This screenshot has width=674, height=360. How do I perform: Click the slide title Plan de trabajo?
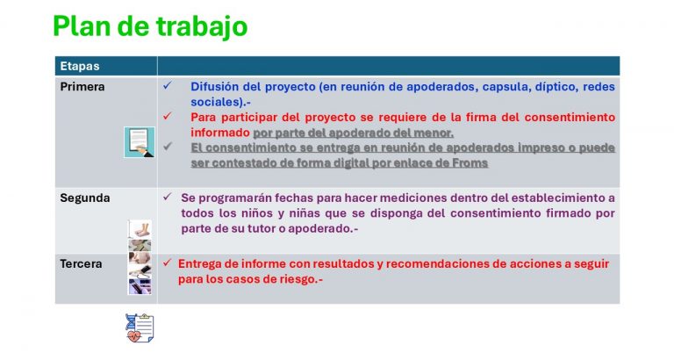pos(150,26)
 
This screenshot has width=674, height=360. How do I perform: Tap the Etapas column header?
pos(80,66)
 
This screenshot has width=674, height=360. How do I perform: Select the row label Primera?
pos(82,87)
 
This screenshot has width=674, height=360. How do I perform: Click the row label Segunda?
pos(84,198)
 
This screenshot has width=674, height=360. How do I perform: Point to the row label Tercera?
pos(81,263)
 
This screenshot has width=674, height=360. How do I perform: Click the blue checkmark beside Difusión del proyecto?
pos(168,86)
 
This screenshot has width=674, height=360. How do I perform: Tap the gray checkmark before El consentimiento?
pos(168,147)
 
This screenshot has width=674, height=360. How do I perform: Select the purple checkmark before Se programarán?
pos(168,197)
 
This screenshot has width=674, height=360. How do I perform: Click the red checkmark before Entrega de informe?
pos(168,263)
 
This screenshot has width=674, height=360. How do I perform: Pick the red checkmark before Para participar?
pos(168,116)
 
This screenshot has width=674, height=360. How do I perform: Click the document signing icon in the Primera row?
pos(140,142)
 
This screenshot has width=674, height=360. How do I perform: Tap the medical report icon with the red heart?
pos(140,328)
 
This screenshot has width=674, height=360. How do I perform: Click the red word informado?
pos(220,133)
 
